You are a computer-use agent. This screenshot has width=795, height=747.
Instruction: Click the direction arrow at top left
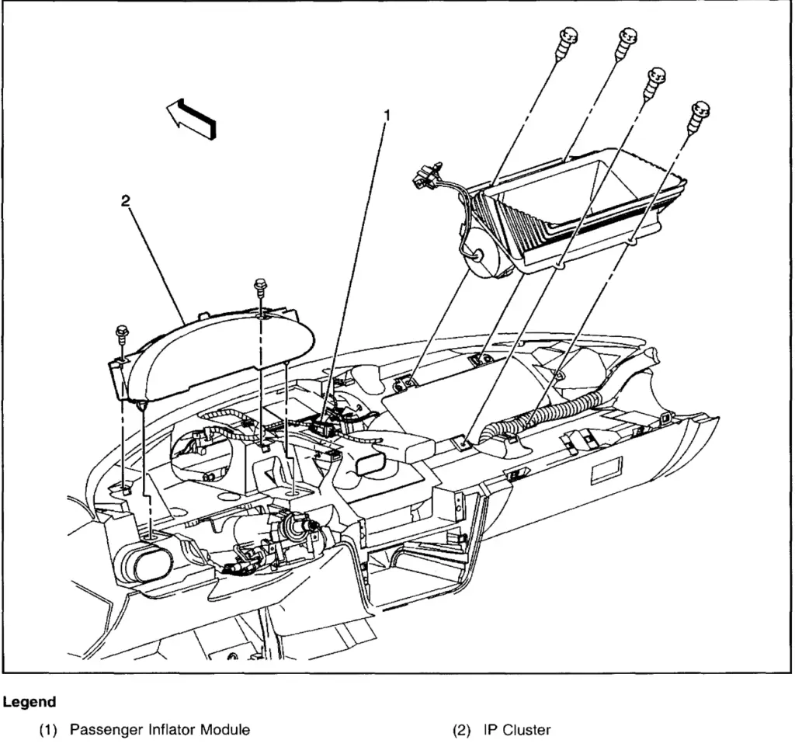[193, 119]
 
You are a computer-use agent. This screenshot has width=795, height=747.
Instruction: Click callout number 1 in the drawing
[386, 116]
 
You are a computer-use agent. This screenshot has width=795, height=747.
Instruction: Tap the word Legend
[29, 702]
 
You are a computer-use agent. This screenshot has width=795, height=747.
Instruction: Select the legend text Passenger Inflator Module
[160, 730]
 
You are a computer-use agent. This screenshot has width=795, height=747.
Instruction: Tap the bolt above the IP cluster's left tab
[123, 332]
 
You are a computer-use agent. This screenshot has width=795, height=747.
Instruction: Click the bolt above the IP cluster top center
[259, 288]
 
